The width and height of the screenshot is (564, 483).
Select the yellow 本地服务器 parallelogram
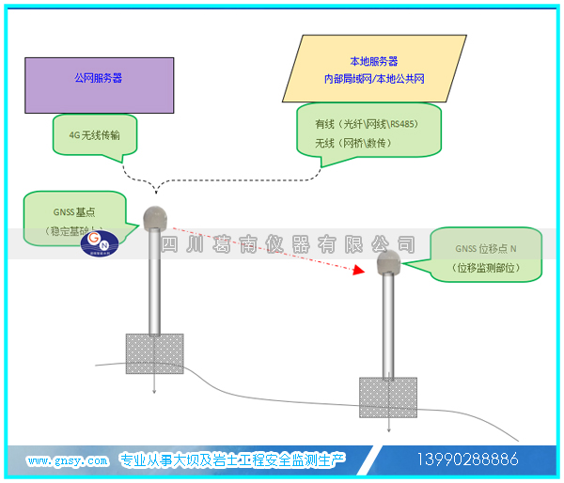click(373, 70)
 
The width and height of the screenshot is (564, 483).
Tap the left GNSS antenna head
click(154, 218)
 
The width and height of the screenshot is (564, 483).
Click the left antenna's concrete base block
click(154, 353)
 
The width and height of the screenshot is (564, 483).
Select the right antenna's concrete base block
click(388, 397)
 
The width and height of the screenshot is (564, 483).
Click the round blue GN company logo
click(97, 243)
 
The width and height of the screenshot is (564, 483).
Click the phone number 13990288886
click(467, 460)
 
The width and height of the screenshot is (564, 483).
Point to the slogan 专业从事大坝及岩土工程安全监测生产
click(232, 460)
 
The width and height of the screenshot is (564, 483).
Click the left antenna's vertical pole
click(154, 282)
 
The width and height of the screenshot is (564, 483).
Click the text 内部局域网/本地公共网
click(373, 80)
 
